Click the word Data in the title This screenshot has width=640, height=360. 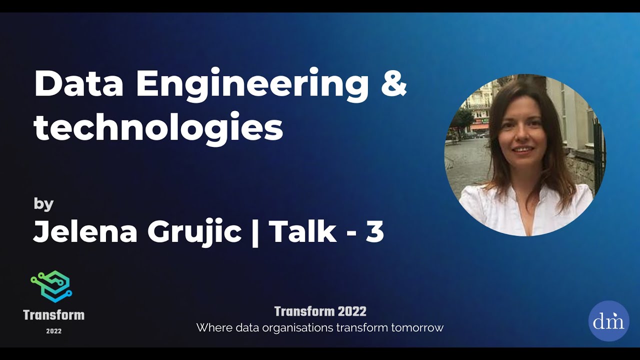click(x=78, y=84)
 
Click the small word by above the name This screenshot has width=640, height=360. click(x=43, y=204)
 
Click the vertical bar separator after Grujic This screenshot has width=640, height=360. click(x=255, y=232)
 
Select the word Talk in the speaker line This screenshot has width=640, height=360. click(x=302, y=231)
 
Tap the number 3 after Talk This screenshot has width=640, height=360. click(x=374, y=231)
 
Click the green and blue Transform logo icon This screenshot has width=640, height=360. click(x=51, y=286)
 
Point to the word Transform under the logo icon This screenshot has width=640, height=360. click(x=53, y=315)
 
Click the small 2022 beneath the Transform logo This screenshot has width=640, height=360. click(x=53, y=330)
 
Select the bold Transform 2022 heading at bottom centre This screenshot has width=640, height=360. click(x=320, y=311)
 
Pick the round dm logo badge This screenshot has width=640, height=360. click(x=608, y=321)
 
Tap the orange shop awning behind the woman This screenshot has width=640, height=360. click(x=480, y=127)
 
